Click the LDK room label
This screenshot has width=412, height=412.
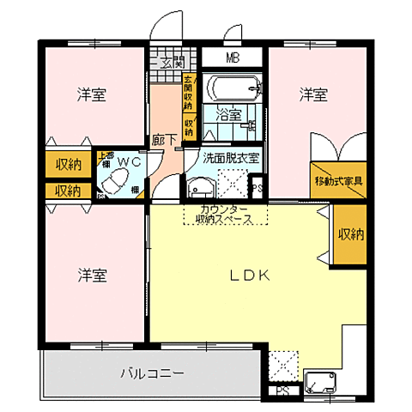pos(251,276)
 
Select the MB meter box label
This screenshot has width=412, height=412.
pos(233,58)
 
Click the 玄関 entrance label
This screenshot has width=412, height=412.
pos(173,61)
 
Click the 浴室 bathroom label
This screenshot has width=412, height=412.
pos(228,114)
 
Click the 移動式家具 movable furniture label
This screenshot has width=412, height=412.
pos(338,181)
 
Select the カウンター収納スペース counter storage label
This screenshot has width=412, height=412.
pos(225,215)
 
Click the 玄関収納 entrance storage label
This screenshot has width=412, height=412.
pos(188,95)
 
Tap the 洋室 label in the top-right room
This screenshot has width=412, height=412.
pos(313,94)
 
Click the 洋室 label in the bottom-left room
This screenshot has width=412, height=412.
pos(93,276)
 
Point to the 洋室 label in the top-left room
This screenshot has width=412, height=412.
pos(93,94)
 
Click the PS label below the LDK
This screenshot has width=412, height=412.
pos(282,391)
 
